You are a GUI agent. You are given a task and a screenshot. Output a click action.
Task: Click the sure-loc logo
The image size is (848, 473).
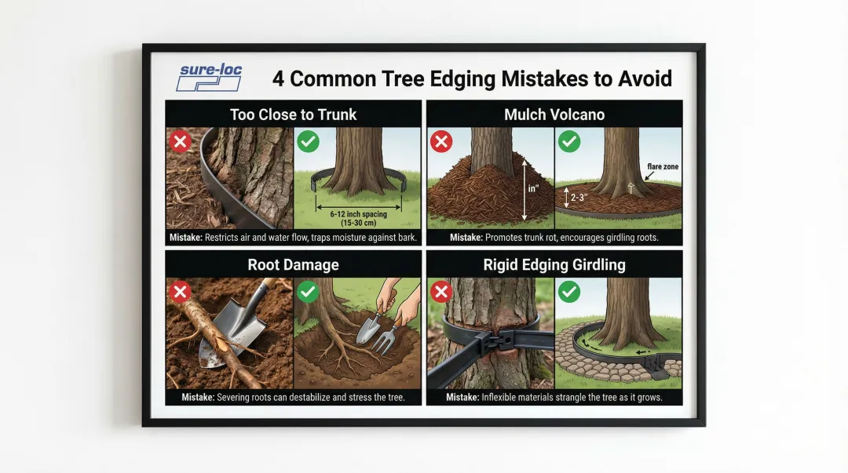(210, 78)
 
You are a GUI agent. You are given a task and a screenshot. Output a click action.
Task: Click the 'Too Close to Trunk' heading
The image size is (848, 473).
(293, 115)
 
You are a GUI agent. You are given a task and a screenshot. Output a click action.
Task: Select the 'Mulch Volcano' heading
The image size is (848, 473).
(554, 115)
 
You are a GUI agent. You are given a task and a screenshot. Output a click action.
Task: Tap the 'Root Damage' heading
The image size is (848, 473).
(293, 265)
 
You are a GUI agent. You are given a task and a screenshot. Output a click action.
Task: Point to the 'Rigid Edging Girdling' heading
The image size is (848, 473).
(554, 265)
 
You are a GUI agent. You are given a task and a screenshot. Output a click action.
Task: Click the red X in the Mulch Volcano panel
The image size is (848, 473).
(441, 142)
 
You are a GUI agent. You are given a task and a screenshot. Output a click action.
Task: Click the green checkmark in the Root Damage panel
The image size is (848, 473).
(308, 292)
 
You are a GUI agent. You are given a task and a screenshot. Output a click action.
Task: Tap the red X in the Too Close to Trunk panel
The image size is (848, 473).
(180, 142)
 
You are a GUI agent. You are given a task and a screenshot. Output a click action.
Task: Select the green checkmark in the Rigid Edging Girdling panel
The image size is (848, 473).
(569, 292)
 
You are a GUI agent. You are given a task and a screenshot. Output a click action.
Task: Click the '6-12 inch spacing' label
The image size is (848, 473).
(359, 214)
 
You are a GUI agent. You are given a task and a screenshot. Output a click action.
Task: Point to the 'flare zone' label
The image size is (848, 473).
(663, 166)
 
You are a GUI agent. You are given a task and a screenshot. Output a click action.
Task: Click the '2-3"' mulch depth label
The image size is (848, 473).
(579, 198)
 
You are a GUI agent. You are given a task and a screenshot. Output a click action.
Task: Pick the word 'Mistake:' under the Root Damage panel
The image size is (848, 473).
(197, 398)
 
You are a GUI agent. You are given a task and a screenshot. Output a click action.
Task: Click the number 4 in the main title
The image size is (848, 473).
(278, 79)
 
